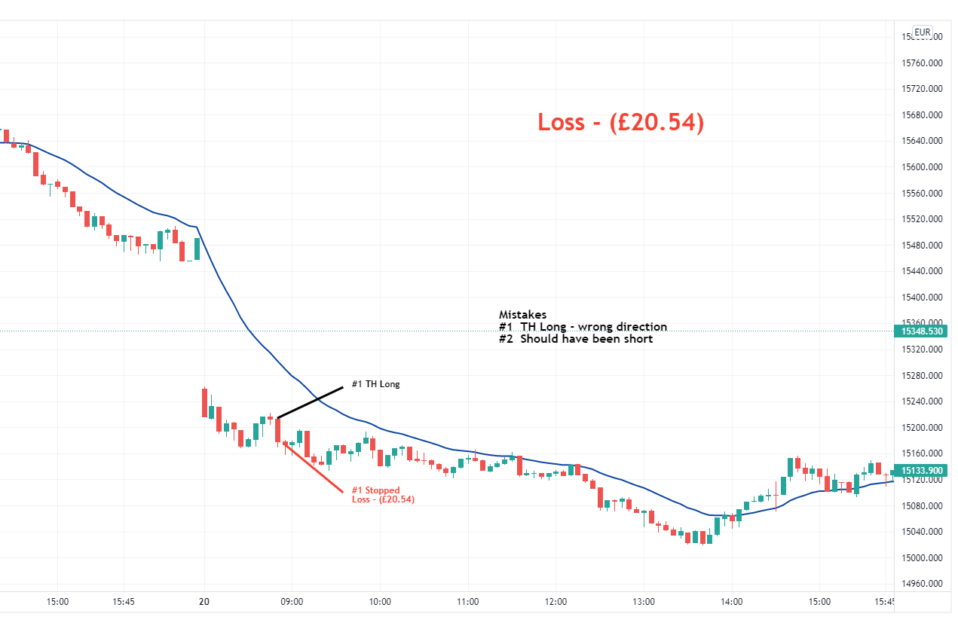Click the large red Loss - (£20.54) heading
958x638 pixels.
coord(620,121)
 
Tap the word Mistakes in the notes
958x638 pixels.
coord(522,315)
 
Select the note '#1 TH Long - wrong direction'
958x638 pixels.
coord(583,327)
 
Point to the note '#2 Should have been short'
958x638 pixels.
coord(575,339)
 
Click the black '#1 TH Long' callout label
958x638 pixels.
coord(375,384)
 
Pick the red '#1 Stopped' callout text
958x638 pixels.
coord(375,490)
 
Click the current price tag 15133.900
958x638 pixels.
coord(923,471)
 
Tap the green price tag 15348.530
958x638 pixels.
coord(923,331)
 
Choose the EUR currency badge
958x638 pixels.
coord(922,32)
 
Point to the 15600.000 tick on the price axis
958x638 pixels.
coord(922,167)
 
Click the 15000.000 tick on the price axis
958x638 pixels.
coord(922,558)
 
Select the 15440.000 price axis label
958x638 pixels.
coord(922,271)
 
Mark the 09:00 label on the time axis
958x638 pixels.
coord(292,602)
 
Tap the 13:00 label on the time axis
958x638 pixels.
coord(644,602)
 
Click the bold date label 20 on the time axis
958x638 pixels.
coord(204,602)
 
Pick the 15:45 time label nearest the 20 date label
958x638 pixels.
coord(124,602)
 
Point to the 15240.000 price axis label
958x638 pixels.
coord(922,401)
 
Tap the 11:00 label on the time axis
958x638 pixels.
coord(468,602)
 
